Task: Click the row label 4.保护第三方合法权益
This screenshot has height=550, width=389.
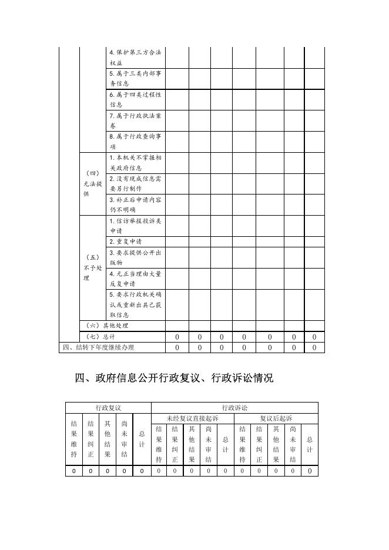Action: click(135, 58)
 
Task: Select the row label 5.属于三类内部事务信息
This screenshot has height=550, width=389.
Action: click(135, 79)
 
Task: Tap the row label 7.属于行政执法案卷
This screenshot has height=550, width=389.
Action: click(135, 120)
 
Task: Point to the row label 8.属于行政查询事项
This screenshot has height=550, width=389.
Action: click(135, 142)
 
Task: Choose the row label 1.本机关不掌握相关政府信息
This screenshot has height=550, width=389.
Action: click(135, 163)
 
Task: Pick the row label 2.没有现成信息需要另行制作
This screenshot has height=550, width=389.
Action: click(135, 183)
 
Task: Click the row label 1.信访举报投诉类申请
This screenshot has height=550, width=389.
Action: click(135, 226)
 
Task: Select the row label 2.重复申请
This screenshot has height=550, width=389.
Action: click(125, 242)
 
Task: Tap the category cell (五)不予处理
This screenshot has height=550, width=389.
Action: click(92, 267)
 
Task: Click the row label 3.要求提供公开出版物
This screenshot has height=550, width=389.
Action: click(135, 257)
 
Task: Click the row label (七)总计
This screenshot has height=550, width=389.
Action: click(100, 337)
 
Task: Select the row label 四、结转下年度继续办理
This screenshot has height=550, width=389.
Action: click(98, 347)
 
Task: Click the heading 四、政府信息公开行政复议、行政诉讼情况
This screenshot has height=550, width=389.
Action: click(174, 378)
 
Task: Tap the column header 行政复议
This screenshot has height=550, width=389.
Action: click(108, 407)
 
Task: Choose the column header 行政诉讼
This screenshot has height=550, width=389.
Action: click(234, 407)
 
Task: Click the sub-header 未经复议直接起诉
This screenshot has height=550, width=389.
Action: click(192, 418)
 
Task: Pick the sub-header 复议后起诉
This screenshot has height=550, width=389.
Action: click(276, 418)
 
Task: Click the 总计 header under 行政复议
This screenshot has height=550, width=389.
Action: click(142, 440)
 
